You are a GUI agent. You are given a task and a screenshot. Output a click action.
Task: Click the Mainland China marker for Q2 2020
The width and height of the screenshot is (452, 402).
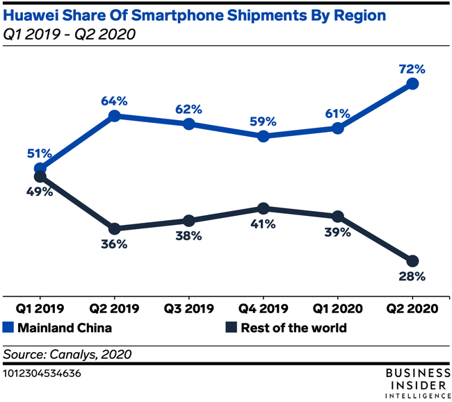tap(412, 83)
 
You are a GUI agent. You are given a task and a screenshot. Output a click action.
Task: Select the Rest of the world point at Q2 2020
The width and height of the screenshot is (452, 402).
tap(412, 261)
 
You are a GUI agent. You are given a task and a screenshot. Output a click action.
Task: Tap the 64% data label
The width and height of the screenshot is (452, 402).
tap(115, 101)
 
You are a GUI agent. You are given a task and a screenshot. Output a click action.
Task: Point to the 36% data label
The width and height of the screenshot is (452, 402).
tap(114, 244)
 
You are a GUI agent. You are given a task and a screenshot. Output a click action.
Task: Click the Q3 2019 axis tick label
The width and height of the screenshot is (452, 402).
tap(188, 308)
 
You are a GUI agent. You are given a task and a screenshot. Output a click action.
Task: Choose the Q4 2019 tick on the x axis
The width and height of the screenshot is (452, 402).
tap(263, 308)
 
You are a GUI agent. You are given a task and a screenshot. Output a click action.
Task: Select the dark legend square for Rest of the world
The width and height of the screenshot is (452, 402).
tap(232, 328)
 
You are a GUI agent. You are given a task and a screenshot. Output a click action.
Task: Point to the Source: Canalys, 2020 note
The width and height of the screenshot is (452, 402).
tap(67, 354)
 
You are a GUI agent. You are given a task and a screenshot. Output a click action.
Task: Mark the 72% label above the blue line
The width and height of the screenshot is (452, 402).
tap(411, 69)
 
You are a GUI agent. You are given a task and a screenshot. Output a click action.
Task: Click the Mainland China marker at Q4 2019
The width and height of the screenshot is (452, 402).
tap(263, 136)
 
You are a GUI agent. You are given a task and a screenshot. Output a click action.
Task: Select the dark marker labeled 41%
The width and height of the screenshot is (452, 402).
tap(263, 208)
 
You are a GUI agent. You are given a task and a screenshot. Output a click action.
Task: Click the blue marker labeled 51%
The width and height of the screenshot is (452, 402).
tap(40, 168)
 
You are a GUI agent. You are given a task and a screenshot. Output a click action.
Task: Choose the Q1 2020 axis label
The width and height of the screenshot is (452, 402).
tap(337, 308)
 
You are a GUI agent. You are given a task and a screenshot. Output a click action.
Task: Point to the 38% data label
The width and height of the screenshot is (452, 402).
tap(188, 235)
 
